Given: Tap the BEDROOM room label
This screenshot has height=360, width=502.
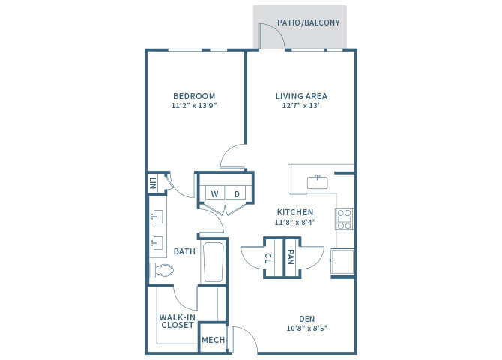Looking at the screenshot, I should point(194,96).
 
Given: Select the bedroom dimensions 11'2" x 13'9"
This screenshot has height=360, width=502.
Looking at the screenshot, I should point(194,106).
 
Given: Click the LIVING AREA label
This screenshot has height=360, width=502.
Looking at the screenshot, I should point(301,96).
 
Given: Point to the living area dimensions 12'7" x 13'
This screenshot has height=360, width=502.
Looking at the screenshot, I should point(301,106).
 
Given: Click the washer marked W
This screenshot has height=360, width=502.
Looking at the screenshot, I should point(214,193).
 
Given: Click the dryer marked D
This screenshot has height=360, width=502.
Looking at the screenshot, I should point(236,193).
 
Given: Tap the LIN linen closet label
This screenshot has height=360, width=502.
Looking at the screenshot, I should point(153,184).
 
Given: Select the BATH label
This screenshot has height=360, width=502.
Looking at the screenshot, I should point(184,251).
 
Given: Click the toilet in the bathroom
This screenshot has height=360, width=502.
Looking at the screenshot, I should point(161,271).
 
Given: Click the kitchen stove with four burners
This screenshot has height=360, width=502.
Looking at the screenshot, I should point(344,218).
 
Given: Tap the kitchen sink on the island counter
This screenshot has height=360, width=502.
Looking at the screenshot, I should point(318,180).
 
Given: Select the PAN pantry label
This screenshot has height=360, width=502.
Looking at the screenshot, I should point(291,258).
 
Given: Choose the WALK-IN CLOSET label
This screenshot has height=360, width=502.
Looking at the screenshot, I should point(177,320).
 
